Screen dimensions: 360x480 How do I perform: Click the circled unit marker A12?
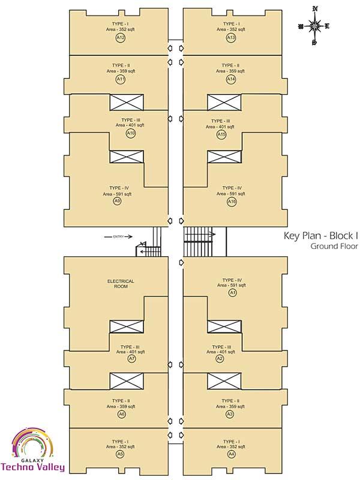121,38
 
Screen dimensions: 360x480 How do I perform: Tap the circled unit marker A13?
231,38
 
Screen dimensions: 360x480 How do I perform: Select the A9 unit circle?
117,201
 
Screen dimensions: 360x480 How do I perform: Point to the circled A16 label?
232,202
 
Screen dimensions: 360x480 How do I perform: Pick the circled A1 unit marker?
233,293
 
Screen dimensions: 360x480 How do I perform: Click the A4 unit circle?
231,454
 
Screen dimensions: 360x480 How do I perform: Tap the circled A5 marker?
121,454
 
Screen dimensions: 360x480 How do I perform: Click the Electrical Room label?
121,283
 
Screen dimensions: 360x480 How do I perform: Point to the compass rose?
314,26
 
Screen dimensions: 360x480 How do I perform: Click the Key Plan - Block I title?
321,235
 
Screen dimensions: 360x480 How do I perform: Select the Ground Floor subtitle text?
334,246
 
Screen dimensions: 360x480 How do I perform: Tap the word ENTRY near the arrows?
118,236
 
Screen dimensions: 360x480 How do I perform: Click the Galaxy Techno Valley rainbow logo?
33,450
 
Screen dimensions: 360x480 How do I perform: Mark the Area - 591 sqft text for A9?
117,194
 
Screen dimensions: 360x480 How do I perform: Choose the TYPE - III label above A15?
220,121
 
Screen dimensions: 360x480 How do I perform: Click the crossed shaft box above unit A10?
127,103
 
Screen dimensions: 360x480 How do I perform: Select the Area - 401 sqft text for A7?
131,352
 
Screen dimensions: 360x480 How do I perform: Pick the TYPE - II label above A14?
230,65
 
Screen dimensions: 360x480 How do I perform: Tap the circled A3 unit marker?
230,414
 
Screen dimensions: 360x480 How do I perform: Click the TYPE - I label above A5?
121,442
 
